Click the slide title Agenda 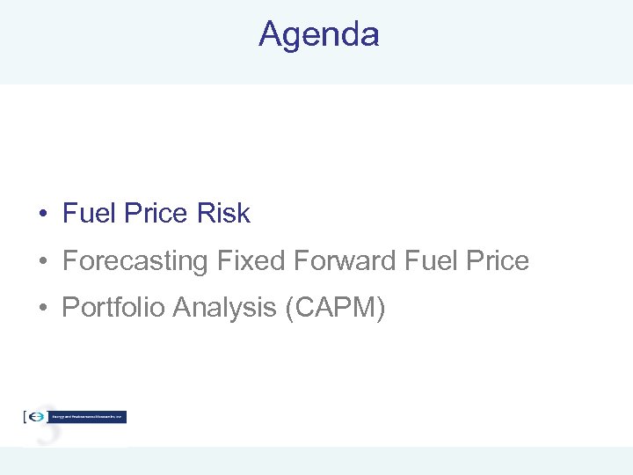point(318,34)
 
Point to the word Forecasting point(135,261)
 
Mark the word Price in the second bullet point(498,261)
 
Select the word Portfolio point(113,308)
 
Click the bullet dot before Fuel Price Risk point(42,215)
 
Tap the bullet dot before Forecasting point(42,262)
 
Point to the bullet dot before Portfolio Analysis point(42,309)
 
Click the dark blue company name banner point(88,417)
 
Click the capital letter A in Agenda point(270,34)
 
